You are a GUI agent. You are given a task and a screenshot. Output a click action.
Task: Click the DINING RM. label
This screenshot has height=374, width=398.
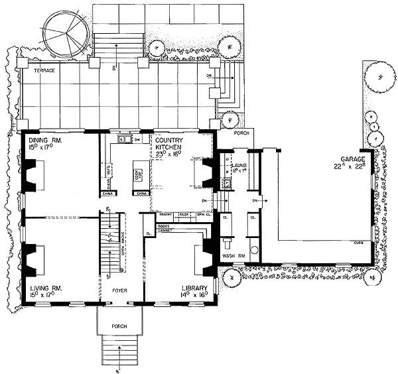45,140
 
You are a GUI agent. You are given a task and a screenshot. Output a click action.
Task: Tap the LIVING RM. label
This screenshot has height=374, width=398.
45,287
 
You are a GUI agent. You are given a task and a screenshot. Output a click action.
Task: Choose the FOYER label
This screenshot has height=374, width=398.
120,289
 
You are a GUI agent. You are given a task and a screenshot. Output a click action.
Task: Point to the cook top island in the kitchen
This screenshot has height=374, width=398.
139,174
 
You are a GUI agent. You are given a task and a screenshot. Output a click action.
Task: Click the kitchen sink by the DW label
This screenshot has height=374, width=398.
123,140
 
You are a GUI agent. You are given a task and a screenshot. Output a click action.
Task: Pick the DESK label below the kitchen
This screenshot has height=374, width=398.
183,215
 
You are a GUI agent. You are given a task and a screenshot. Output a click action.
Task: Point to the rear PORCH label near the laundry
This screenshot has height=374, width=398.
241,131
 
